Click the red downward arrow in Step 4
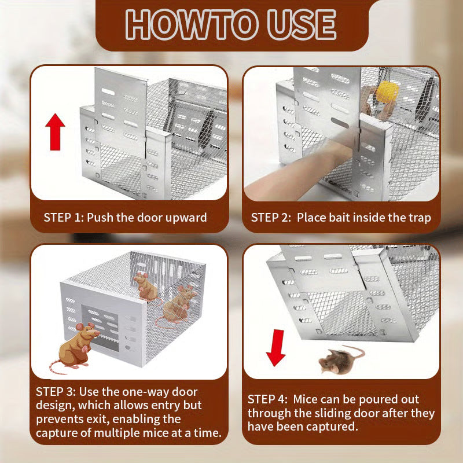click(x=276, y=347)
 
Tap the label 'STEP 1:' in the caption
click(x=64, y=218)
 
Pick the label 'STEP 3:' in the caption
click(x=56, y=391)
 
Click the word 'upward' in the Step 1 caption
click(x=186, y=218)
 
